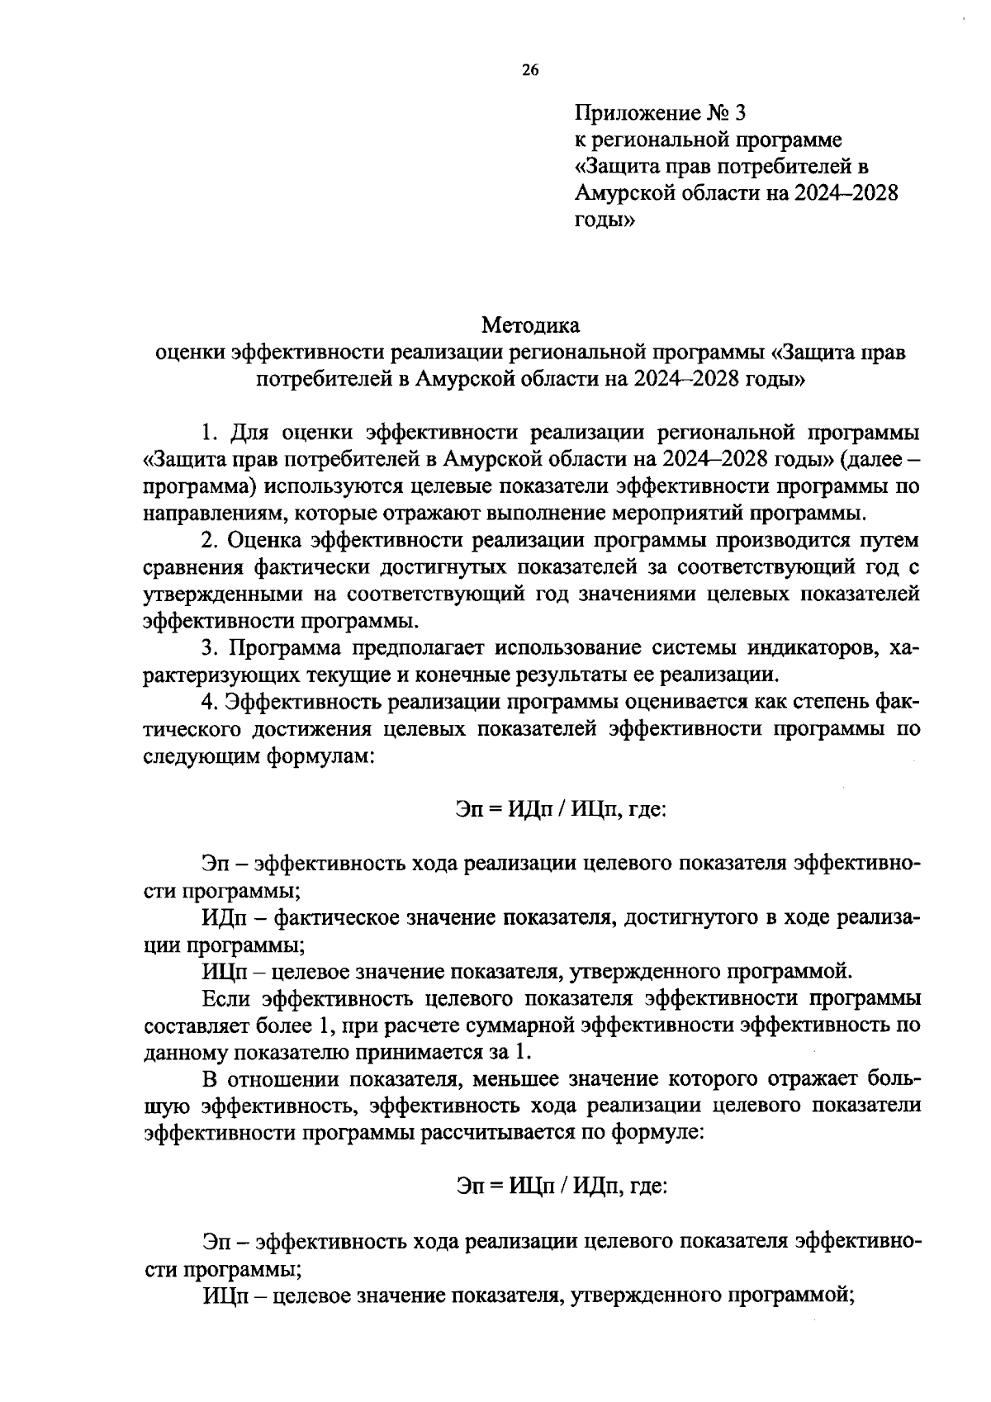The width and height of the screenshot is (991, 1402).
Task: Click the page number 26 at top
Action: [x=529, y=71]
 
